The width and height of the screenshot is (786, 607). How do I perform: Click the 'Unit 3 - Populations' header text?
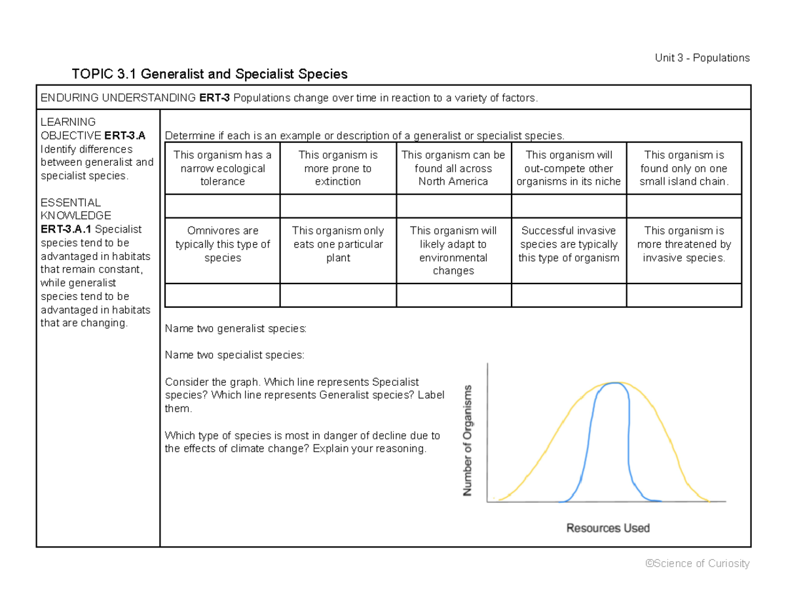click(x=702, y=58)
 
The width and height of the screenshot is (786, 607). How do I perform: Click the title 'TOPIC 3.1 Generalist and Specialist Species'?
click(x=210, y=74)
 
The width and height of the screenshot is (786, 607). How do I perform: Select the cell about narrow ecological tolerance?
click(x=223, y=168)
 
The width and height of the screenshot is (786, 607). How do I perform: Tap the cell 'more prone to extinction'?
click(x=338, y=168)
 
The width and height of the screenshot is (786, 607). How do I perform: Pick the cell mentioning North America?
click(x=453, y=168)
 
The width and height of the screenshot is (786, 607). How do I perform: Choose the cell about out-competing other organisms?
click(x=569, y=168)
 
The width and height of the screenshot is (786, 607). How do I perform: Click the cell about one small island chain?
click(x=684, y=168)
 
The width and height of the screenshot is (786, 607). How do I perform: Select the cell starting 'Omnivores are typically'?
click(x=223, y=244)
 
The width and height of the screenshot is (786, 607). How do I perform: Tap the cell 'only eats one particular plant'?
click(x=338, y=244)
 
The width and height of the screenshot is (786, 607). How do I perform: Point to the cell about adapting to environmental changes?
click(x=453, y=251)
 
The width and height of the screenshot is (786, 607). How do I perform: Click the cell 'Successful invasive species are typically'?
click(x=569, y=244)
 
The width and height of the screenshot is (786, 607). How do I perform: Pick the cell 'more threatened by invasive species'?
click(x=684, y=244)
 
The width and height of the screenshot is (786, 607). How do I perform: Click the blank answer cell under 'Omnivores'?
click(x=223, y=295)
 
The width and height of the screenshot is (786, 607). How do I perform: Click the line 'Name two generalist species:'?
click(x=235, y=329)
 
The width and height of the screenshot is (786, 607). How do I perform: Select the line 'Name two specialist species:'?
click(x=234, y=356)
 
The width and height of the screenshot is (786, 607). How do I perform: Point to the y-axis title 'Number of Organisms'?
click(x=468, y=440)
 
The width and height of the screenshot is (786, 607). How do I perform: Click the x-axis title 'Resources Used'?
click(x=608, y=528)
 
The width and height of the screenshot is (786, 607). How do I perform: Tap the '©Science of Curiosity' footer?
click(x=697, y=564)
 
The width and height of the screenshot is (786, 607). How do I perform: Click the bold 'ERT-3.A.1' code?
click(x=66, y=229)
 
